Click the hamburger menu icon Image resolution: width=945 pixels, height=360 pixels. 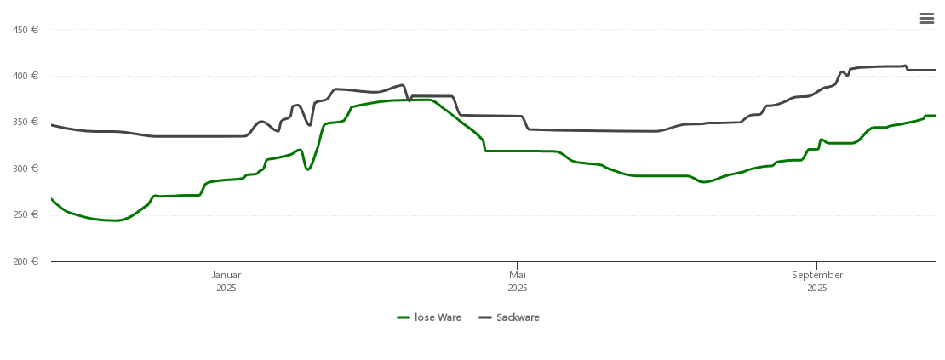[x=926, y=19]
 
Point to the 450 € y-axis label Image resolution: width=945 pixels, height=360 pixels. [x=26, y=30]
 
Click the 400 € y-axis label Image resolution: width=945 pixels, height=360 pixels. [x=26, y=76]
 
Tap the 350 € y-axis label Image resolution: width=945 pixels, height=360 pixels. [x=26, y=122]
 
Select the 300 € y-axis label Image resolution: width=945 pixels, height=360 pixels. [x=26, y=169]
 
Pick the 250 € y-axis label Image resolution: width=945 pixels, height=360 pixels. [x=26, y=214]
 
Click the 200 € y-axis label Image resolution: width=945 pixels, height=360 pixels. [x=26, y=261]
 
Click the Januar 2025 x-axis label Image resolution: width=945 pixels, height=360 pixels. [x=226, y=281]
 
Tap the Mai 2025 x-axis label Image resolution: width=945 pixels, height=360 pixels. [x=518, y=281]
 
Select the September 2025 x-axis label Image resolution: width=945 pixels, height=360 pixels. [x=817, y=281]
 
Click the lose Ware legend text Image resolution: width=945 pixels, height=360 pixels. [x=438, y=317]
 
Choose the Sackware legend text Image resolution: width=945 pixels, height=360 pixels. [x=518, y=317]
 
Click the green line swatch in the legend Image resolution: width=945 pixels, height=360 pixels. [x=404, y=317]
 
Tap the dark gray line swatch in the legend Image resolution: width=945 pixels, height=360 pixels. [x=485, y=317]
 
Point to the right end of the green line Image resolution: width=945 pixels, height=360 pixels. [x=936, y=116]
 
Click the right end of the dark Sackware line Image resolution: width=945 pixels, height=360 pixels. [x=936, y=70]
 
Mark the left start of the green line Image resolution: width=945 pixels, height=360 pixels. [x=52, y=199]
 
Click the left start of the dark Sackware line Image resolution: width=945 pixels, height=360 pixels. [x=52, y=125]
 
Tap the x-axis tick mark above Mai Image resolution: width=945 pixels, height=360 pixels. [x=518, y=265]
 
